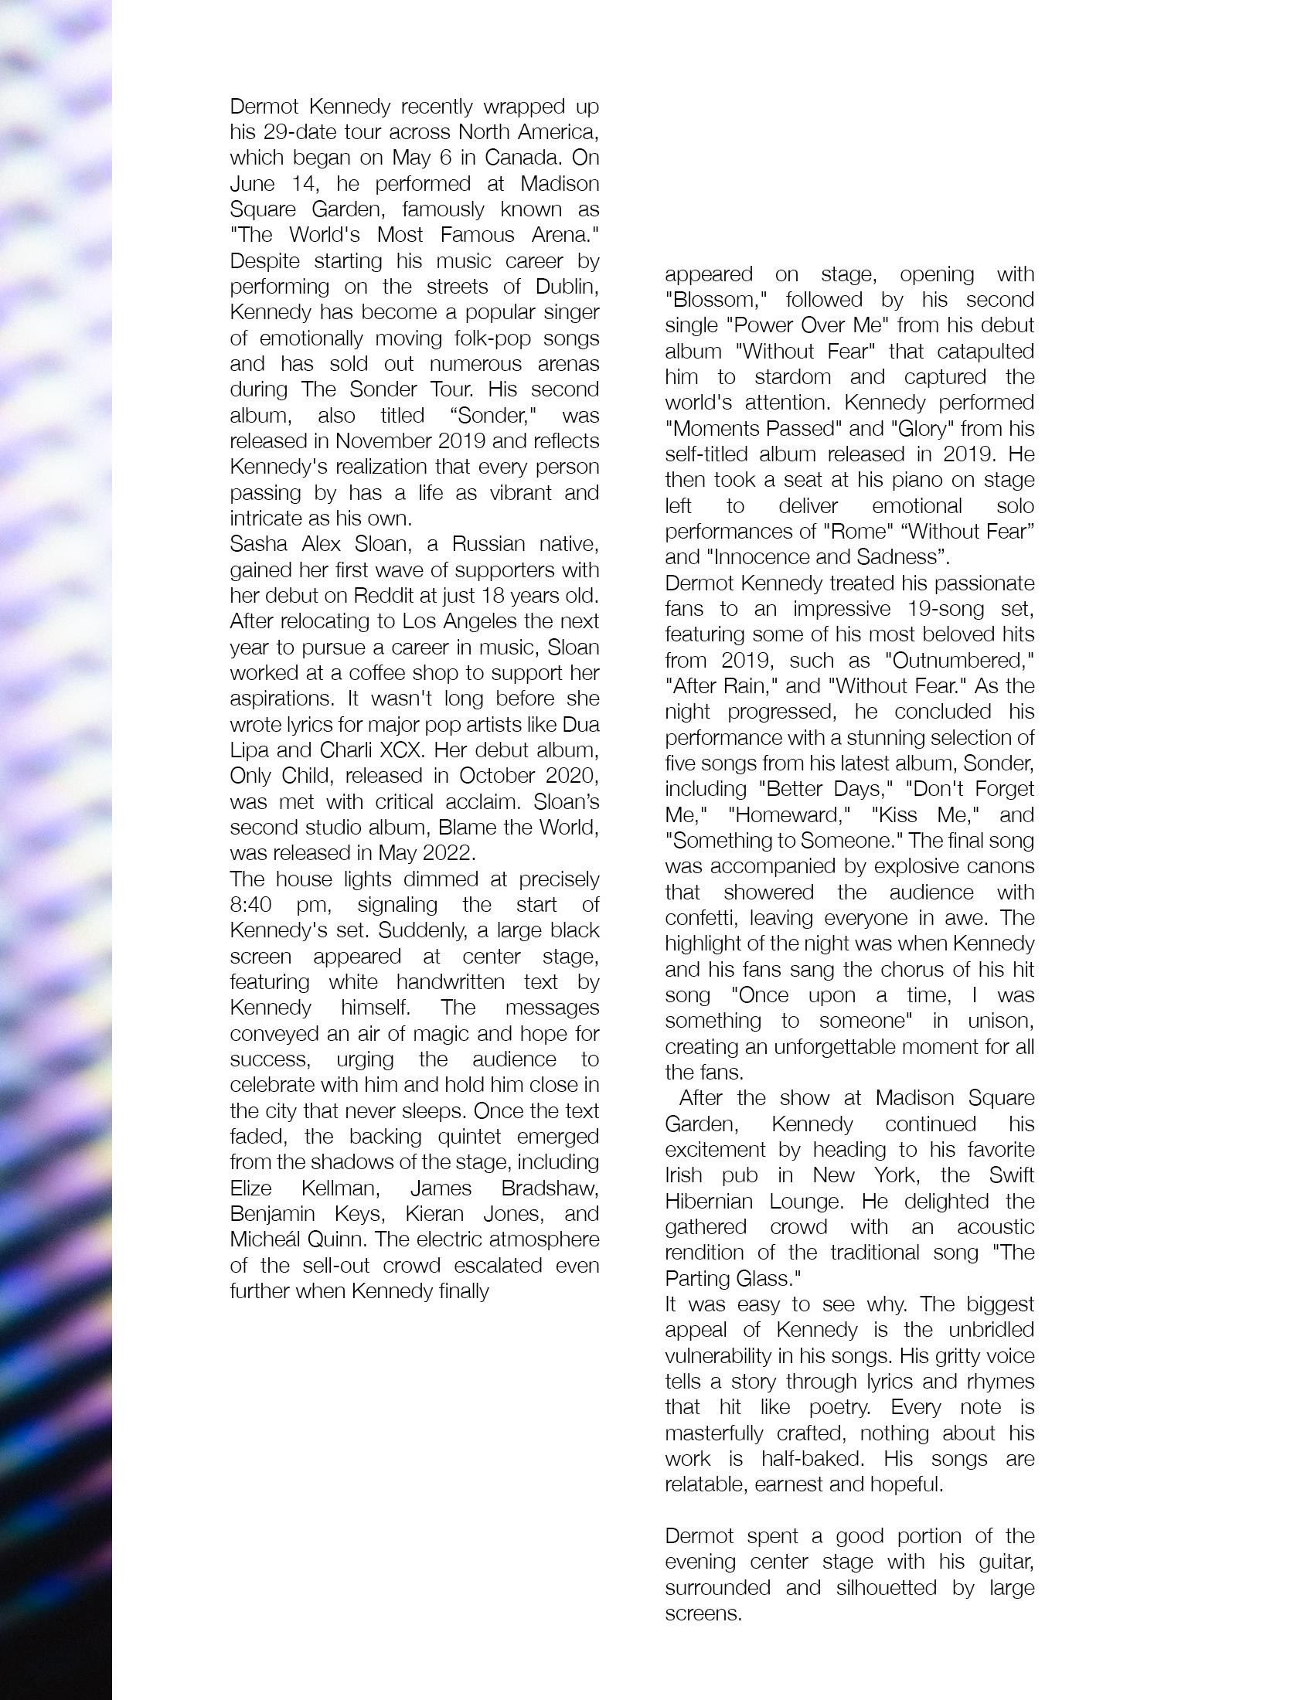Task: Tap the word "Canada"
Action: coord(522,157)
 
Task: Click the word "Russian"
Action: coord(478,543)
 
